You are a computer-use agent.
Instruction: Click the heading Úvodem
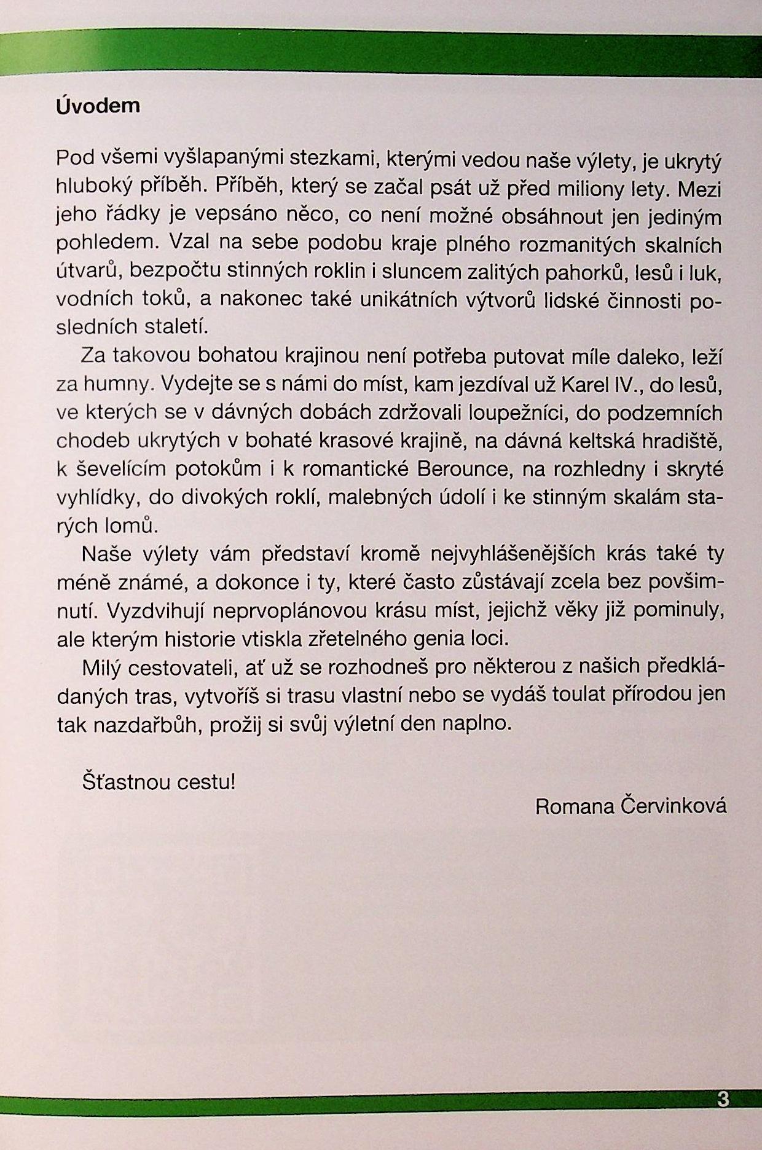(98, 106)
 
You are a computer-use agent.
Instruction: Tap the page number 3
(723, 1099)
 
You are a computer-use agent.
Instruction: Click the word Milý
(100, 666)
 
